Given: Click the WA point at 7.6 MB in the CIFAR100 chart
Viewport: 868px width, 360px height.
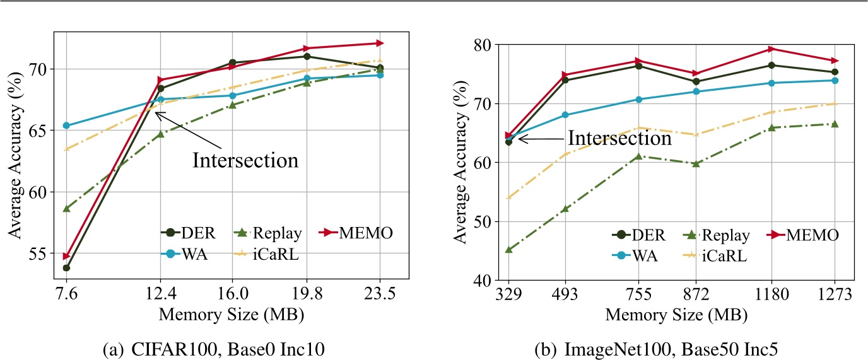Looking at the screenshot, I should [66, 125].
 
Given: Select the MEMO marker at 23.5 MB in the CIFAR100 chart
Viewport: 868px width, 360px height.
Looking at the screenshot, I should [380, 43].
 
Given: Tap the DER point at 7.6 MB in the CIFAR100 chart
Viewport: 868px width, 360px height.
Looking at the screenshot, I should [66, 268].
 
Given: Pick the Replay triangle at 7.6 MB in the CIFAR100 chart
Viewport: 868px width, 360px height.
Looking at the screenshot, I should [66, 208].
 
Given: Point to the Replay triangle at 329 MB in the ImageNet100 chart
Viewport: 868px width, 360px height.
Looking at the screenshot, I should [508, 250].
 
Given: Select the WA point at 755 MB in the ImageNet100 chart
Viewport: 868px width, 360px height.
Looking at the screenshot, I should [638, 99].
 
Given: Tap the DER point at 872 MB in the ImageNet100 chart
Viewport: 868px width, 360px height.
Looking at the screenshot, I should [696, 81].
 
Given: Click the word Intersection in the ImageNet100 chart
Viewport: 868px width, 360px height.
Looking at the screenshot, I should [619, 138].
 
